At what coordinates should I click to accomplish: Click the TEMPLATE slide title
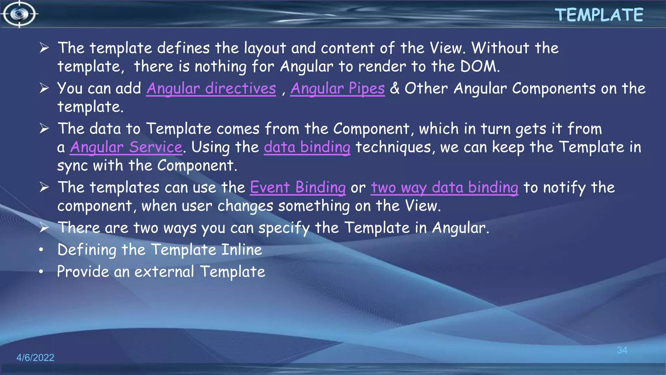click(x=599, y=15)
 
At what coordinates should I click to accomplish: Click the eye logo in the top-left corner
click(x=20, y=14)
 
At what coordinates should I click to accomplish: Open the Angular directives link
click(x=211, y=89)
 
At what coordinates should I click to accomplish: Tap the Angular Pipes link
click(x=337, y=89)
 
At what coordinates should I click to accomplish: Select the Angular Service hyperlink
click(x=126, y=147)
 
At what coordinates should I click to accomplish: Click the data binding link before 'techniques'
click(x=307, y=147)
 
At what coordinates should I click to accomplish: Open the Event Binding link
click(x=298, y=187)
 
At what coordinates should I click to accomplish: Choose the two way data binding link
click(x=444, y=187)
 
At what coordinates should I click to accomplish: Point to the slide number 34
click(x=622, y=350)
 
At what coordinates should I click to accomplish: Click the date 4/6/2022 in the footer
click(x=35, y=357)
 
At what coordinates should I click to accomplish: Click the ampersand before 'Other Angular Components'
click(x=394, y=88)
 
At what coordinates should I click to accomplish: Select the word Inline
click(x=241, y=250)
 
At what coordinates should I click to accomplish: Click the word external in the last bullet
click(x=164, y=271)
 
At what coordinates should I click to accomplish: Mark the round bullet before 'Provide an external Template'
click(x=41, y=271)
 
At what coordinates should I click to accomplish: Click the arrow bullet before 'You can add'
click(x=44, y=88)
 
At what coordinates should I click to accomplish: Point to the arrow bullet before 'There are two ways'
click(x=44, y=227)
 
